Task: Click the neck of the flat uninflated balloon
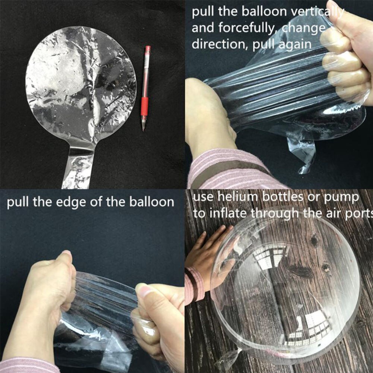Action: (x=77, y=164)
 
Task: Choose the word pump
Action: (x=345, y=197)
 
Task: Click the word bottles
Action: (x=284, y=197)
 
